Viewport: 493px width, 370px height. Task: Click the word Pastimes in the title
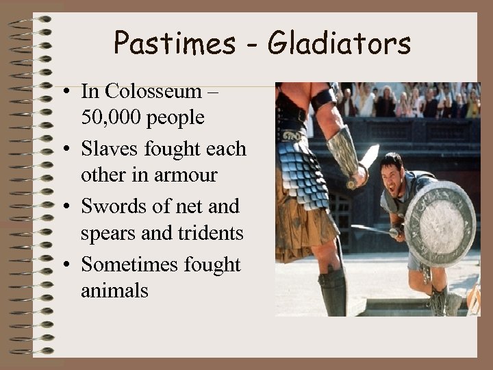click(x=174, y=44)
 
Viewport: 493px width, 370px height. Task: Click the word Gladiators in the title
click(x=339, y=44)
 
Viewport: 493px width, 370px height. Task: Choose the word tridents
click(x=210, y=233)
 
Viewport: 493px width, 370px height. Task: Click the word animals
click(x=114, y=291)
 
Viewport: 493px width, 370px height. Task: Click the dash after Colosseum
click(x=210, y=91)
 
